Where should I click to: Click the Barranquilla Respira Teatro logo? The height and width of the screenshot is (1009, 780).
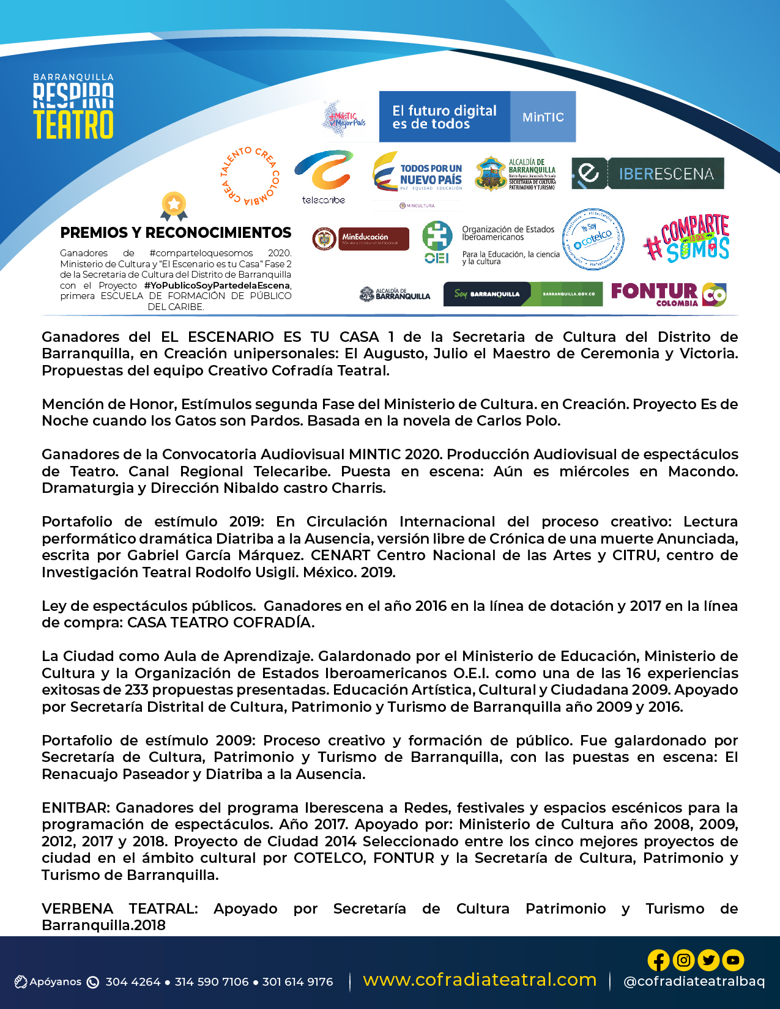click(73, 106)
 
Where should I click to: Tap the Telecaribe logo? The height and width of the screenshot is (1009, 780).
click(324, 177)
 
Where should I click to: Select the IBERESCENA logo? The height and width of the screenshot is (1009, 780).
click(647, 174)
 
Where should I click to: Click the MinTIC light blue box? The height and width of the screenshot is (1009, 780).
click(543, 117)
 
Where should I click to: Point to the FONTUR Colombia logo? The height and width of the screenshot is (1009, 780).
click(668, 294)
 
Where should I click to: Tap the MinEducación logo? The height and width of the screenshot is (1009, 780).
click(361, 238)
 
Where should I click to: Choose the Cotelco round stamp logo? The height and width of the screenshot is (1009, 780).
click(593, 240)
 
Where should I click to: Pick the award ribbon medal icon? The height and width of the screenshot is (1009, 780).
click(174, 206)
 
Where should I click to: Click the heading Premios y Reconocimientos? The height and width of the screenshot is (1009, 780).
click(176, 233)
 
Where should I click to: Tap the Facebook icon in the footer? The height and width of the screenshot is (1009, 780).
click(659, 960)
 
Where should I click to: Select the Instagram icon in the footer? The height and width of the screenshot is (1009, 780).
click(683, 960)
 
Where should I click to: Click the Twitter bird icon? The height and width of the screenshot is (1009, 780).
click(708, 960)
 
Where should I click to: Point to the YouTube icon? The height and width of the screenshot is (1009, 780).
click(733, 960)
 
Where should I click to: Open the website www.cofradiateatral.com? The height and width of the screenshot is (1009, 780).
click(480, 980)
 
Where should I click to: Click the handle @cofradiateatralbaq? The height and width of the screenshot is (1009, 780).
click(694, 981)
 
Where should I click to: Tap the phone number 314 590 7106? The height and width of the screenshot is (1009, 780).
click(212, 982)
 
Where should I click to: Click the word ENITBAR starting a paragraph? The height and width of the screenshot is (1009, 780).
click(76, 808)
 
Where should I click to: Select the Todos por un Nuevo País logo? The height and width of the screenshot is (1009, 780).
click(418, 174)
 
